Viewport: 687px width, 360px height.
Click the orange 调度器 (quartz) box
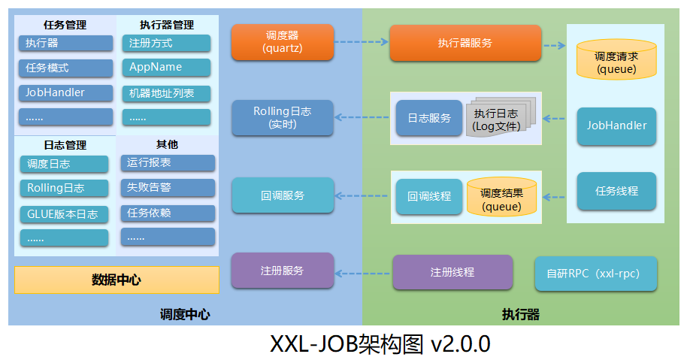click(282, 42)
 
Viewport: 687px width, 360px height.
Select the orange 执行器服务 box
click(465, 43)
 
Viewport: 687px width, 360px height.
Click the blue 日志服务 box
click(429, 118)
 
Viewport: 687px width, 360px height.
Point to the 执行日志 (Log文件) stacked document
click(496, 119)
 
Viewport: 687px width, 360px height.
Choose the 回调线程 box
click(429, 196)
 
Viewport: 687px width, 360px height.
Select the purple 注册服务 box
click(282, 271)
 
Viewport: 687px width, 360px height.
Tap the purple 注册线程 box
click(452, 272)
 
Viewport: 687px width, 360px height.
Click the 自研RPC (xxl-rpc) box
click(595, 274)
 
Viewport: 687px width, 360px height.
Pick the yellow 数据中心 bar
click(117, 280)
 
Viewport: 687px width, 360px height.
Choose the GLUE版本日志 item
click(64, 213)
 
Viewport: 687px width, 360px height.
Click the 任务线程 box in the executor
click(616, 191)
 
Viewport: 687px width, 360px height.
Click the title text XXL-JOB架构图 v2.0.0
click(380, 344)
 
